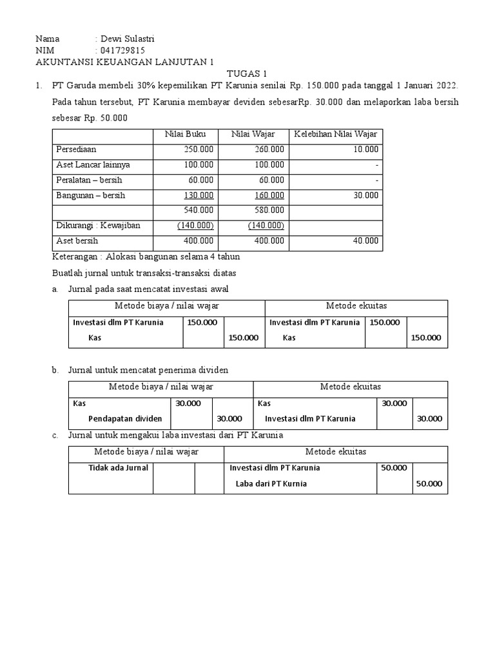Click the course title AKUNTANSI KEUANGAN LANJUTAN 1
coord(124,62)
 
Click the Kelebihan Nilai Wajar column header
coord(336,134)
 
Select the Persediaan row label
coord(76,149)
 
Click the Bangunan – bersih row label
coord(90,195)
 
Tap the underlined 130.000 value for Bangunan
coord(199,195)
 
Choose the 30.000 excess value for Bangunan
coord(365,195)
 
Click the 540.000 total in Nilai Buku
coord(199,210)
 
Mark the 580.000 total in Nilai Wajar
coord(268,210)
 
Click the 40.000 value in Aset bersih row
coord(365,240)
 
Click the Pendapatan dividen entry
coord(125,418)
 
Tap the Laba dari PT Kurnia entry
coord(271,483)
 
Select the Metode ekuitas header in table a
coord(356,306)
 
